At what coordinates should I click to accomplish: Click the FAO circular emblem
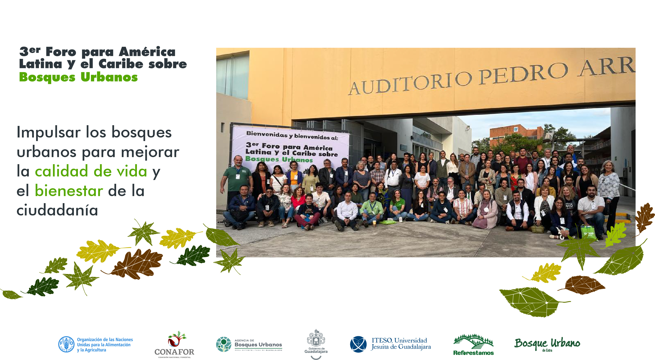[x=66, y=344]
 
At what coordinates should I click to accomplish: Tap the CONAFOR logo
[x=174, y=345]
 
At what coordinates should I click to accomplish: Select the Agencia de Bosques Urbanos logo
[x=249, y=344]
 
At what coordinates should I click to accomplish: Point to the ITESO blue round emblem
[x=358, y=344]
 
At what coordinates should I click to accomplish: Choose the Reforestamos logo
[x=473, y=345]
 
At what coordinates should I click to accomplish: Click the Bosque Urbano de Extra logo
[x=547, y=344]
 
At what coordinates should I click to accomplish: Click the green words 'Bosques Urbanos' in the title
[x=78, y=77]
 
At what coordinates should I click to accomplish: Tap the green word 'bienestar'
[x=69, y=191]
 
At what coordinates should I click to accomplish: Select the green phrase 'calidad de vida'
[x=91, y=171]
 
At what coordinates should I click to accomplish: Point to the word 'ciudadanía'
[x=57, y=210]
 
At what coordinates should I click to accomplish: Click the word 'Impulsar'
[x=48, y=133]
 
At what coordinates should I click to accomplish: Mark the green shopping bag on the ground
[x=588, y=232]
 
